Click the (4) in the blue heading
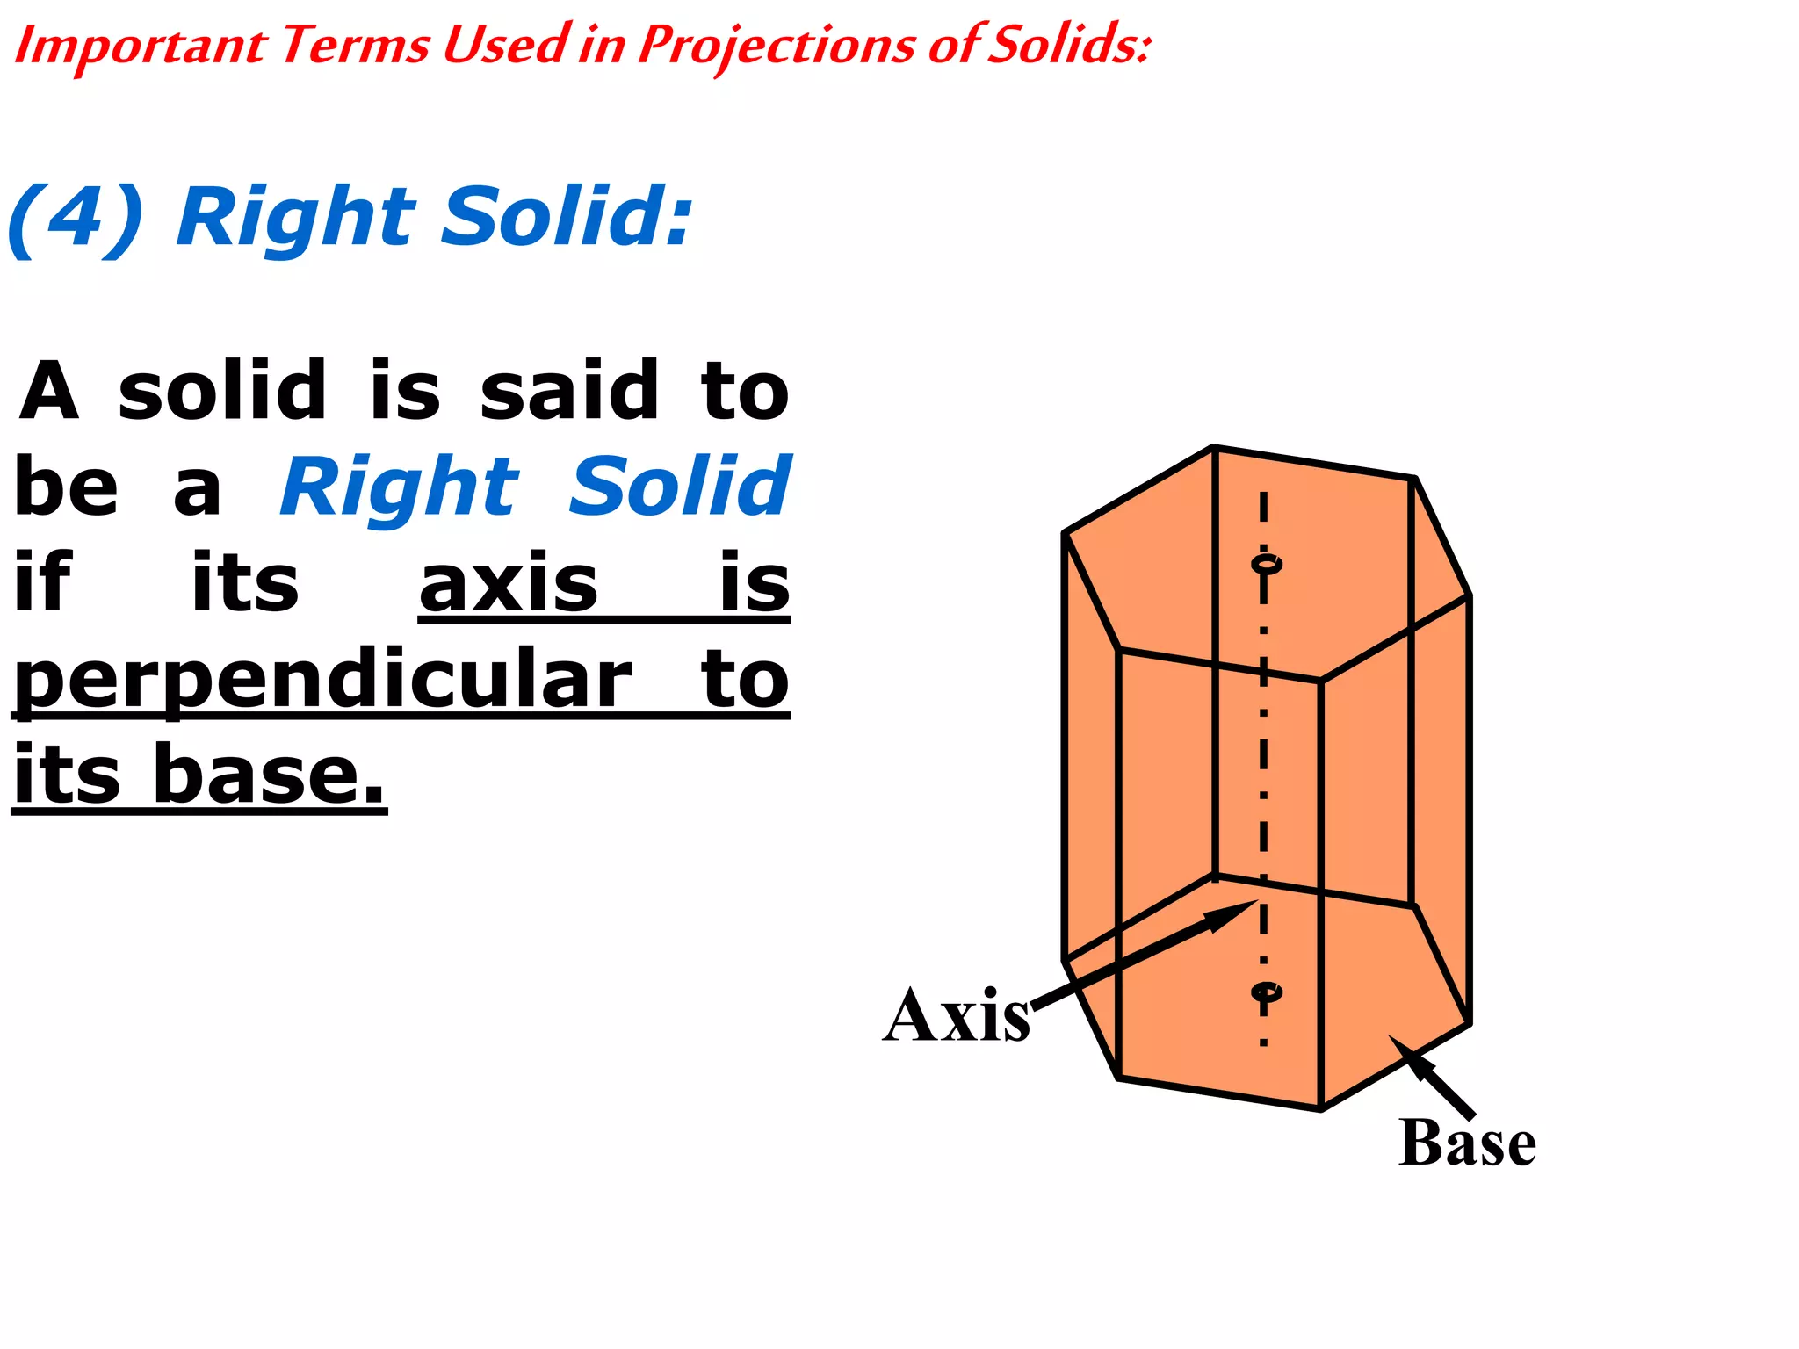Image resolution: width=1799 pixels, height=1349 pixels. tap(76, 218)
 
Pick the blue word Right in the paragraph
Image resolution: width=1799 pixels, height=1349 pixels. tap(400, 487)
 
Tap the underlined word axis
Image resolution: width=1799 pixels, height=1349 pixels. tap(508, 584)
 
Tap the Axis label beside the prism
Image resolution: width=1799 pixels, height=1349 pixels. tap(956, 1016)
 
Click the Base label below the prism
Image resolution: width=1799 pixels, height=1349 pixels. tap(1467, 1143)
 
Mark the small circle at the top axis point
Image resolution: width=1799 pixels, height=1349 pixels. tap(1265, 563)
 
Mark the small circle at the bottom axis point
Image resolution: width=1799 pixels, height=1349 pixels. tap(1265, 992)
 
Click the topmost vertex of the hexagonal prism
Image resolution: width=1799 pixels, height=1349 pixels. tap(1214, 447)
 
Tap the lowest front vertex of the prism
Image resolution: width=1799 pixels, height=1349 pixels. tap(1320, 1110)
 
